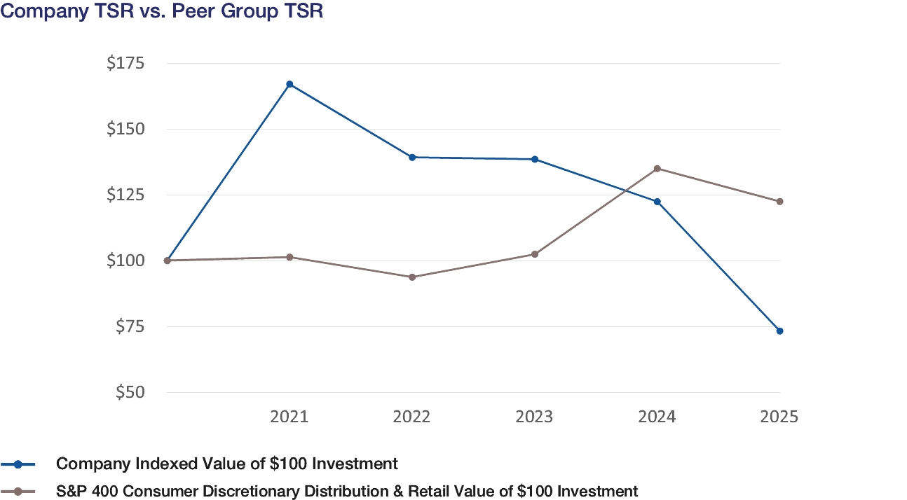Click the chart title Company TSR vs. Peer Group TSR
[162, 12]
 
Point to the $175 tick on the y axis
[125, 64]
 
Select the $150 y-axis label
[125, 130]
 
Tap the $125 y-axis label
[125, 195]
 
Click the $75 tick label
[128, 327]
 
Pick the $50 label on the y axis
[128, 393]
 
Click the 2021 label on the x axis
[289, 417]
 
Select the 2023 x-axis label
[534, 417]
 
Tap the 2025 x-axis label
[779, 417]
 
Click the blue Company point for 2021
[289, 84]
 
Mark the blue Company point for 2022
[412, 157]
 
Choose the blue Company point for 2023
[535, 159]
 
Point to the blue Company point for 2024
[657, 202]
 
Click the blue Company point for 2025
[779, 331]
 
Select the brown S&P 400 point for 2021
[289, 257]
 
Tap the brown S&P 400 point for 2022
[412, 277]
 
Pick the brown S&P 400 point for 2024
[657, 168]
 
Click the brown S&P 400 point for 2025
[779, 201]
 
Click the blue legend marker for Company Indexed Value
[19, 464]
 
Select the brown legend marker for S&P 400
[19, 491]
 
